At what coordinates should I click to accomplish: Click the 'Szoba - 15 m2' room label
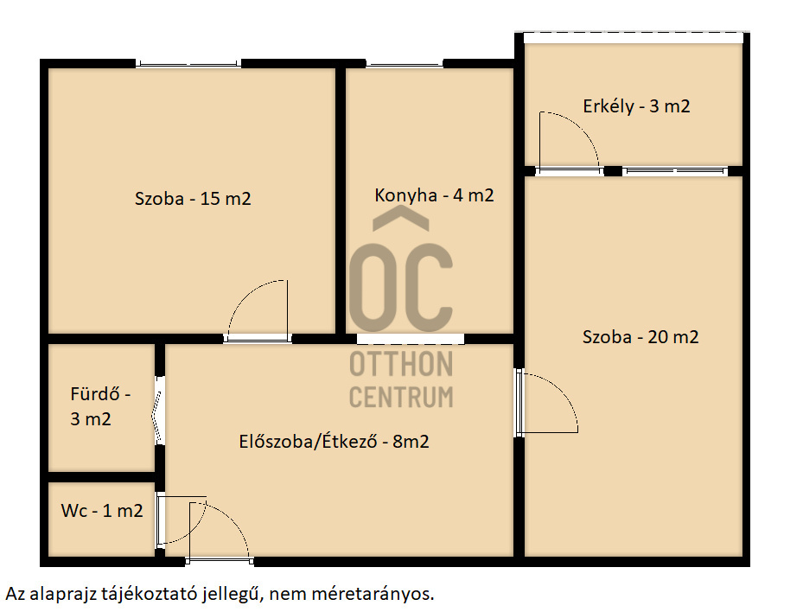(193, 198)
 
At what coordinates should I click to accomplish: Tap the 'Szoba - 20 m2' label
(640, 336)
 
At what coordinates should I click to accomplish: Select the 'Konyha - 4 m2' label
(434, 195)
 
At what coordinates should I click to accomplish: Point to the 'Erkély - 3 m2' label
(636, 106)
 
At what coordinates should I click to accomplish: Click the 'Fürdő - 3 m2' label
(100, 406)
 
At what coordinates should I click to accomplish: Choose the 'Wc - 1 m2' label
(102, 511)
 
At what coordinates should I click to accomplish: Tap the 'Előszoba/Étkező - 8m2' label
(334, 442)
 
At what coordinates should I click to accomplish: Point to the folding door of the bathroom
(158, 411)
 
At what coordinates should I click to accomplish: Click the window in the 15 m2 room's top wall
(188, 64)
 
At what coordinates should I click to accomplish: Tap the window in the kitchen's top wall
(405, 64)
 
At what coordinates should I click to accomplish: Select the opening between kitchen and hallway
(411, 339)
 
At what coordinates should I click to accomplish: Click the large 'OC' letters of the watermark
(401, 288)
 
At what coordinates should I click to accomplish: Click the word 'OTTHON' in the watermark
(401, 364)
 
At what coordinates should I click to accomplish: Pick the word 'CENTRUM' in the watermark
(401, 397)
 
